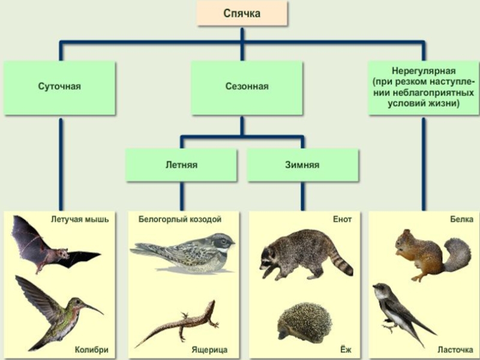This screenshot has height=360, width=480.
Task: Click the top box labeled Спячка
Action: point(242,14)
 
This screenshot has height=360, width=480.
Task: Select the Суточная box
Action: point(59,87)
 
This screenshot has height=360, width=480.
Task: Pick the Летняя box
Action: point(182,164)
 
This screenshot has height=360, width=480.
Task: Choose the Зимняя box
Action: point(302,164)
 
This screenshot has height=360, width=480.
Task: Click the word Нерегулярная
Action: point(423,71)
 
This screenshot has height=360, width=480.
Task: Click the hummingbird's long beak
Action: point(94,308)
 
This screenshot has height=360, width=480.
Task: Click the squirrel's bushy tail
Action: point(457,253)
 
